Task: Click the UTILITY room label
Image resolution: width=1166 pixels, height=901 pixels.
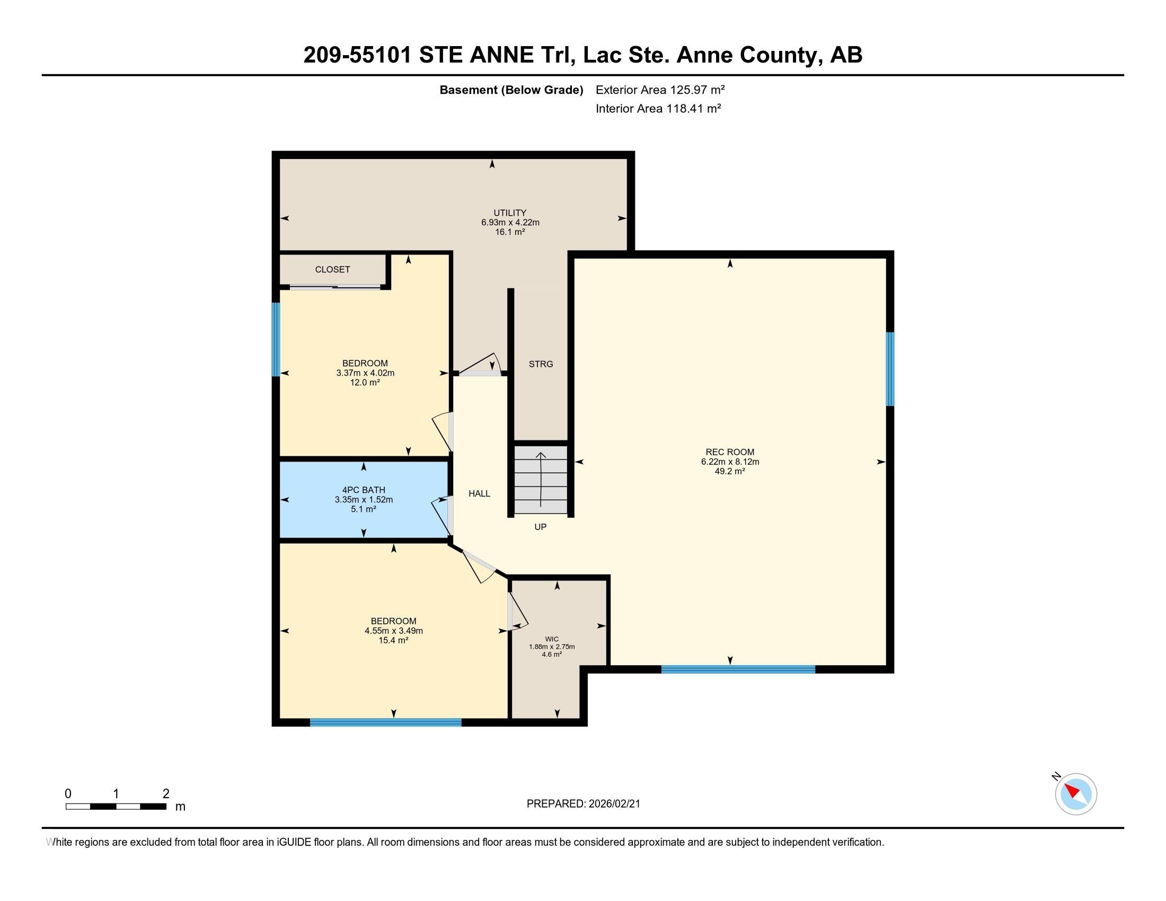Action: (510, 213)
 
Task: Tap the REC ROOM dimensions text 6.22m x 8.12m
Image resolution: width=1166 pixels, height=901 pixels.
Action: (730, 462)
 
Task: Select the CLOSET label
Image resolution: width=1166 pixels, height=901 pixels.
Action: (332, 270)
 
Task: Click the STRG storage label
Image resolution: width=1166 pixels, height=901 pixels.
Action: (540, 364)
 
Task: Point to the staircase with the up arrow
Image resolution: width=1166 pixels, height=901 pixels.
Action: (540, 479)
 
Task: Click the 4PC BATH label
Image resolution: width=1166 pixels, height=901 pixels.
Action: (364, 490)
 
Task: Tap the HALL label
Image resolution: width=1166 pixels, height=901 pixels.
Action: (479, 494)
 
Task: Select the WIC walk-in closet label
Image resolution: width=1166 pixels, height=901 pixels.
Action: (552, 639)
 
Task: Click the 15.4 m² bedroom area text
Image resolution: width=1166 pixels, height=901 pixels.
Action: (393, 641)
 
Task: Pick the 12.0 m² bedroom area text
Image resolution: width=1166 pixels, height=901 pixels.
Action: (365, 383)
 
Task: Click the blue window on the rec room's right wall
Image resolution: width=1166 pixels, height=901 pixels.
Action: (889, 369)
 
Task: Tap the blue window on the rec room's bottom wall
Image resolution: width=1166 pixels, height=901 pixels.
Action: (738, 669)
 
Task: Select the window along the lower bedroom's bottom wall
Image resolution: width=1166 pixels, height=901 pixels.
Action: (385, 722)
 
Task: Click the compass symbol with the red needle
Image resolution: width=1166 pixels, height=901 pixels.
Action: (1075, 794)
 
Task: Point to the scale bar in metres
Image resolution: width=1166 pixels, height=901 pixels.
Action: (116, 806)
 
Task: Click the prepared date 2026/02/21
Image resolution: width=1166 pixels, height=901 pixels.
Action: (583, 804)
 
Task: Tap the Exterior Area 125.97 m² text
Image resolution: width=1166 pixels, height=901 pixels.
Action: (660, 90)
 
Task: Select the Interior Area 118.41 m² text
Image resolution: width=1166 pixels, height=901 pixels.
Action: (658, 109)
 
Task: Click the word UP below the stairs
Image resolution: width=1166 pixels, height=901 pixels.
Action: (540, 527)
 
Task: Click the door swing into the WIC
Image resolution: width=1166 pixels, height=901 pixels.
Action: (517, 612)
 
